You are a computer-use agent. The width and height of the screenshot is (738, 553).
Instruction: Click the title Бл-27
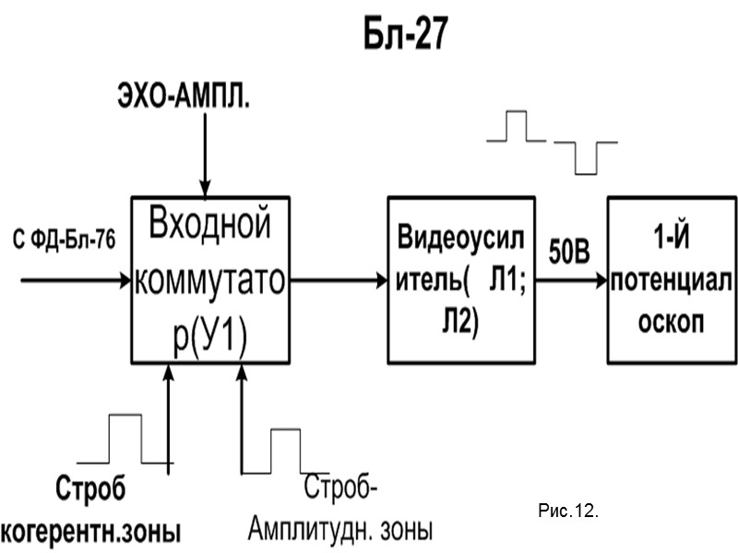(x=403, y=36)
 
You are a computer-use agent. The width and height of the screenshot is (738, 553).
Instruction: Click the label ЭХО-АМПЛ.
(x=183, y=98)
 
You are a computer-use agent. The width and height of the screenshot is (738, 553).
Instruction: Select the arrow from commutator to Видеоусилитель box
(x=338, y=279)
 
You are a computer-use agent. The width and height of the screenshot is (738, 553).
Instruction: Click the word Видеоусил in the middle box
(x=460, y=238)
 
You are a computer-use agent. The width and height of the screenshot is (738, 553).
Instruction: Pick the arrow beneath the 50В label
(x=571, y=279)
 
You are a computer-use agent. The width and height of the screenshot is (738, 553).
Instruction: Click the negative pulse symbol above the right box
(x=584, y=156)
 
